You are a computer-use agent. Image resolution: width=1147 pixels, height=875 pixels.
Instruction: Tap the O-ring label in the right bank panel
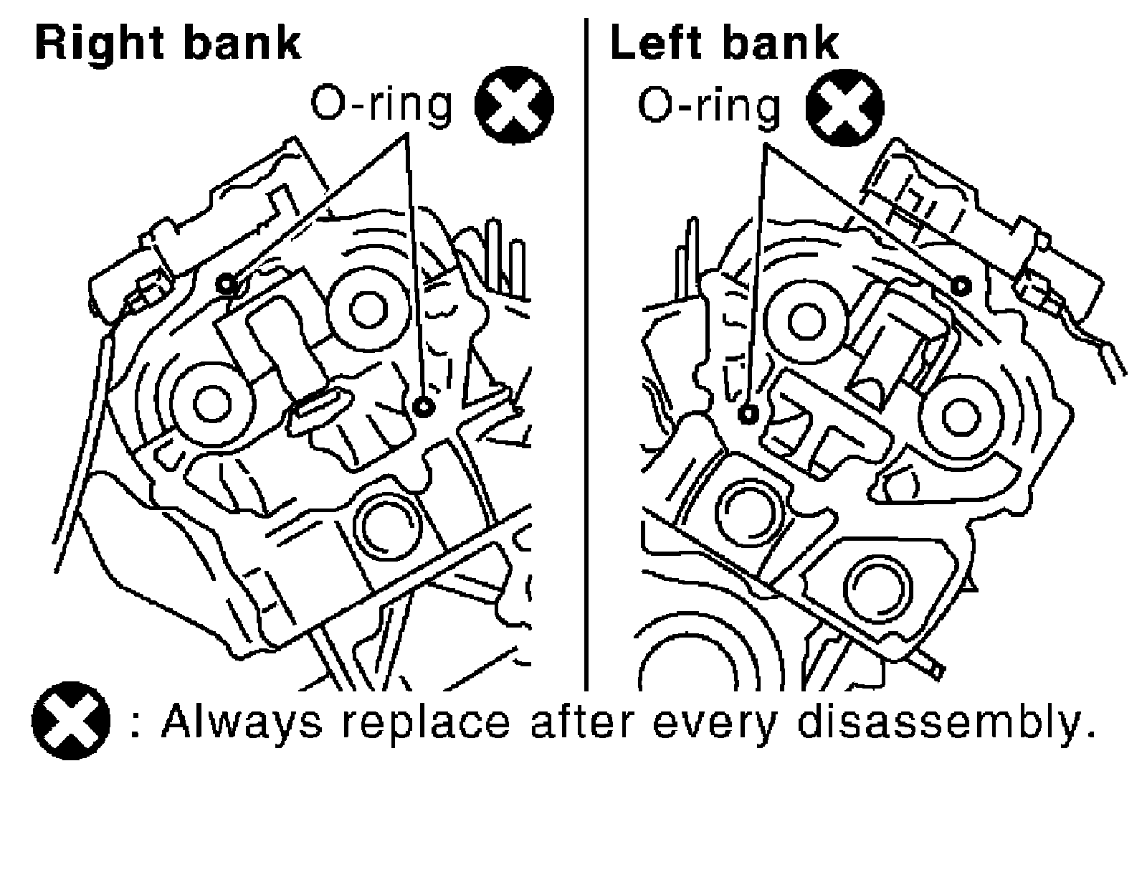[381, 105]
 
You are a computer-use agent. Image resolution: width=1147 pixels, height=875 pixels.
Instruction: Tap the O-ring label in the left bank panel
[708, 105]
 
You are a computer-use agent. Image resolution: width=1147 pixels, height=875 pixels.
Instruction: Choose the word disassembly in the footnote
[946, 722]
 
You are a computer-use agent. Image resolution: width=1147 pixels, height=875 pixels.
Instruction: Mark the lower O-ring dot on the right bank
[424, 407]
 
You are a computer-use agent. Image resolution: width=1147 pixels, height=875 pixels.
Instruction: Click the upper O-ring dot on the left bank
[961, 285]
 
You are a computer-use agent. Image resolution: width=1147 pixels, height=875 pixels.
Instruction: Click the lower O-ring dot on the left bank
[748, 414]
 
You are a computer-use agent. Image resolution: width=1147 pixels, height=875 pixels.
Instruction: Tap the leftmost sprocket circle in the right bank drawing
[211, 404]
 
